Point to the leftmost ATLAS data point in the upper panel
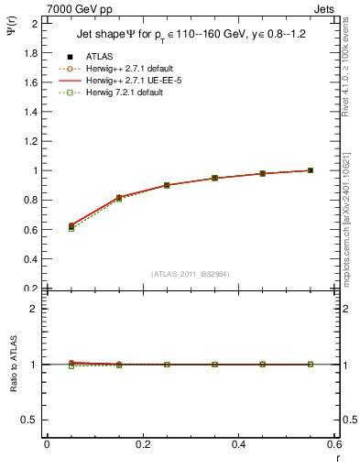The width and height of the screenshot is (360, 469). tap(71, 226)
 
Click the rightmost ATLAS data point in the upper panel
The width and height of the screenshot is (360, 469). tap(311, 170)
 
